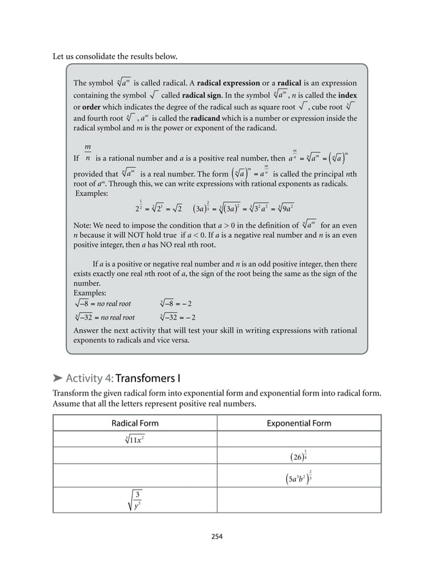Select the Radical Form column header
(x=135, y=423)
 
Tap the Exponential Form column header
(x=299, y=423)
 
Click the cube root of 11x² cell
(x=135, y=439)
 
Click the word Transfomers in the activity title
(x=146, y=378)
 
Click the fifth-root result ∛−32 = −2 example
(x=178, y=317)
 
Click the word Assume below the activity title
(x=68, y=404)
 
